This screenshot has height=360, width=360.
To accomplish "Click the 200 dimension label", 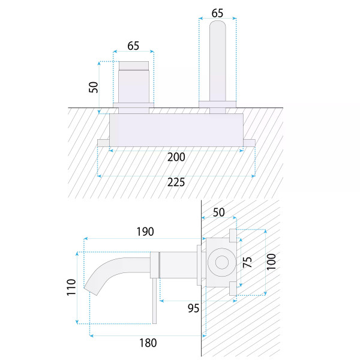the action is [176, 157].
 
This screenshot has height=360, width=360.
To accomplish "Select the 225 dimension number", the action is [176, 182].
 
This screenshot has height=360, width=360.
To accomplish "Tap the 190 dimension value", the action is [145, 232].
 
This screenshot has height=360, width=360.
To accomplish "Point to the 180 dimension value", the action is [148, 343].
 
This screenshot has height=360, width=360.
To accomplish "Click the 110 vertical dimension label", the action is [71, 287].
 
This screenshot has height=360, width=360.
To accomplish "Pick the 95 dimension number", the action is [193, 308].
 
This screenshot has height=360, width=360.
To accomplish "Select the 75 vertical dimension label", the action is [247, 262].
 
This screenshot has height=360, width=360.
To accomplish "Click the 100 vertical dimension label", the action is [271, 262].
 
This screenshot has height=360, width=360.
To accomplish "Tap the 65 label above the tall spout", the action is [217, 13].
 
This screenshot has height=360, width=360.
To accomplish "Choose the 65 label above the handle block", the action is [133, 46].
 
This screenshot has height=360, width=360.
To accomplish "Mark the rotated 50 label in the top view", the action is [94, 87].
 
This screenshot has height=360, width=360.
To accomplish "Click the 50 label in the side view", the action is [218, 212].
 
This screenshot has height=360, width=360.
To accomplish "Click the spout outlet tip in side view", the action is [91, 292].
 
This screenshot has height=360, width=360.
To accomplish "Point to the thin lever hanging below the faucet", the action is [155, 301].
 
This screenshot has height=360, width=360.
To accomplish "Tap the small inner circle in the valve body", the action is [222, 262].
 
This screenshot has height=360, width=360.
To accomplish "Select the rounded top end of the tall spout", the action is [218, 23].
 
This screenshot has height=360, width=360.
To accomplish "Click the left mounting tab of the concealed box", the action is [103, 143].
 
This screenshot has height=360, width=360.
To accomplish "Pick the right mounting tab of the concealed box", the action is [249, 143].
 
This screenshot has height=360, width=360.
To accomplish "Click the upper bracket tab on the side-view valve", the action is [233, 236].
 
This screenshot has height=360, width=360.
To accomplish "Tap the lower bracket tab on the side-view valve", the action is [233, 289].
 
